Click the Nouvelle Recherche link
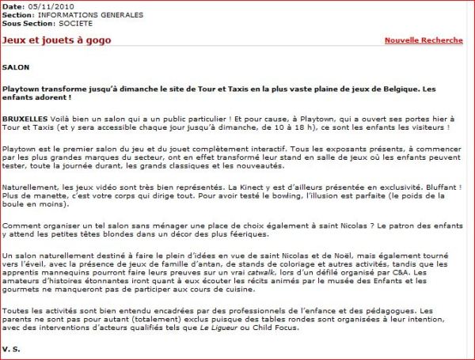click(423, 40)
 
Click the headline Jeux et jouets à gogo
click(57, 40)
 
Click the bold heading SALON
click(16, 67)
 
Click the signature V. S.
click(10, 349)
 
